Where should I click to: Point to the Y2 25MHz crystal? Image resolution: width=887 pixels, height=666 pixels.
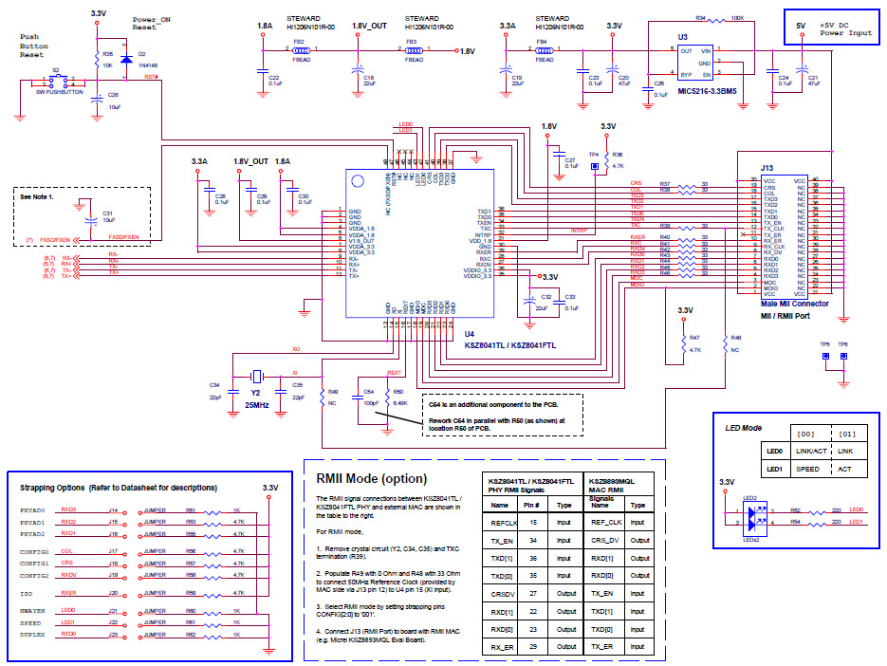(256, 375)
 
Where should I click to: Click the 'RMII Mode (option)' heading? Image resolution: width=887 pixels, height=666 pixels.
(371, 478)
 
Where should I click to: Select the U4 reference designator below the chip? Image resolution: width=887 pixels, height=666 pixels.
(469, 334)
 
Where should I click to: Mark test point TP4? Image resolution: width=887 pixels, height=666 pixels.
(595, 167)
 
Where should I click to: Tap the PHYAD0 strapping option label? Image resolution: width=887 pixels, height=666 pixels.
(32, 509)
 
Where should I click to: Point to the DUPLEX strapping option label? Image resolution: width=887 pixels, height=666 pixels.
(33, 633)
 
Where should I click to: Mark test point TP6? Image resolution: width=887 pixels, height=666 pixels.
(842, 356)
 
